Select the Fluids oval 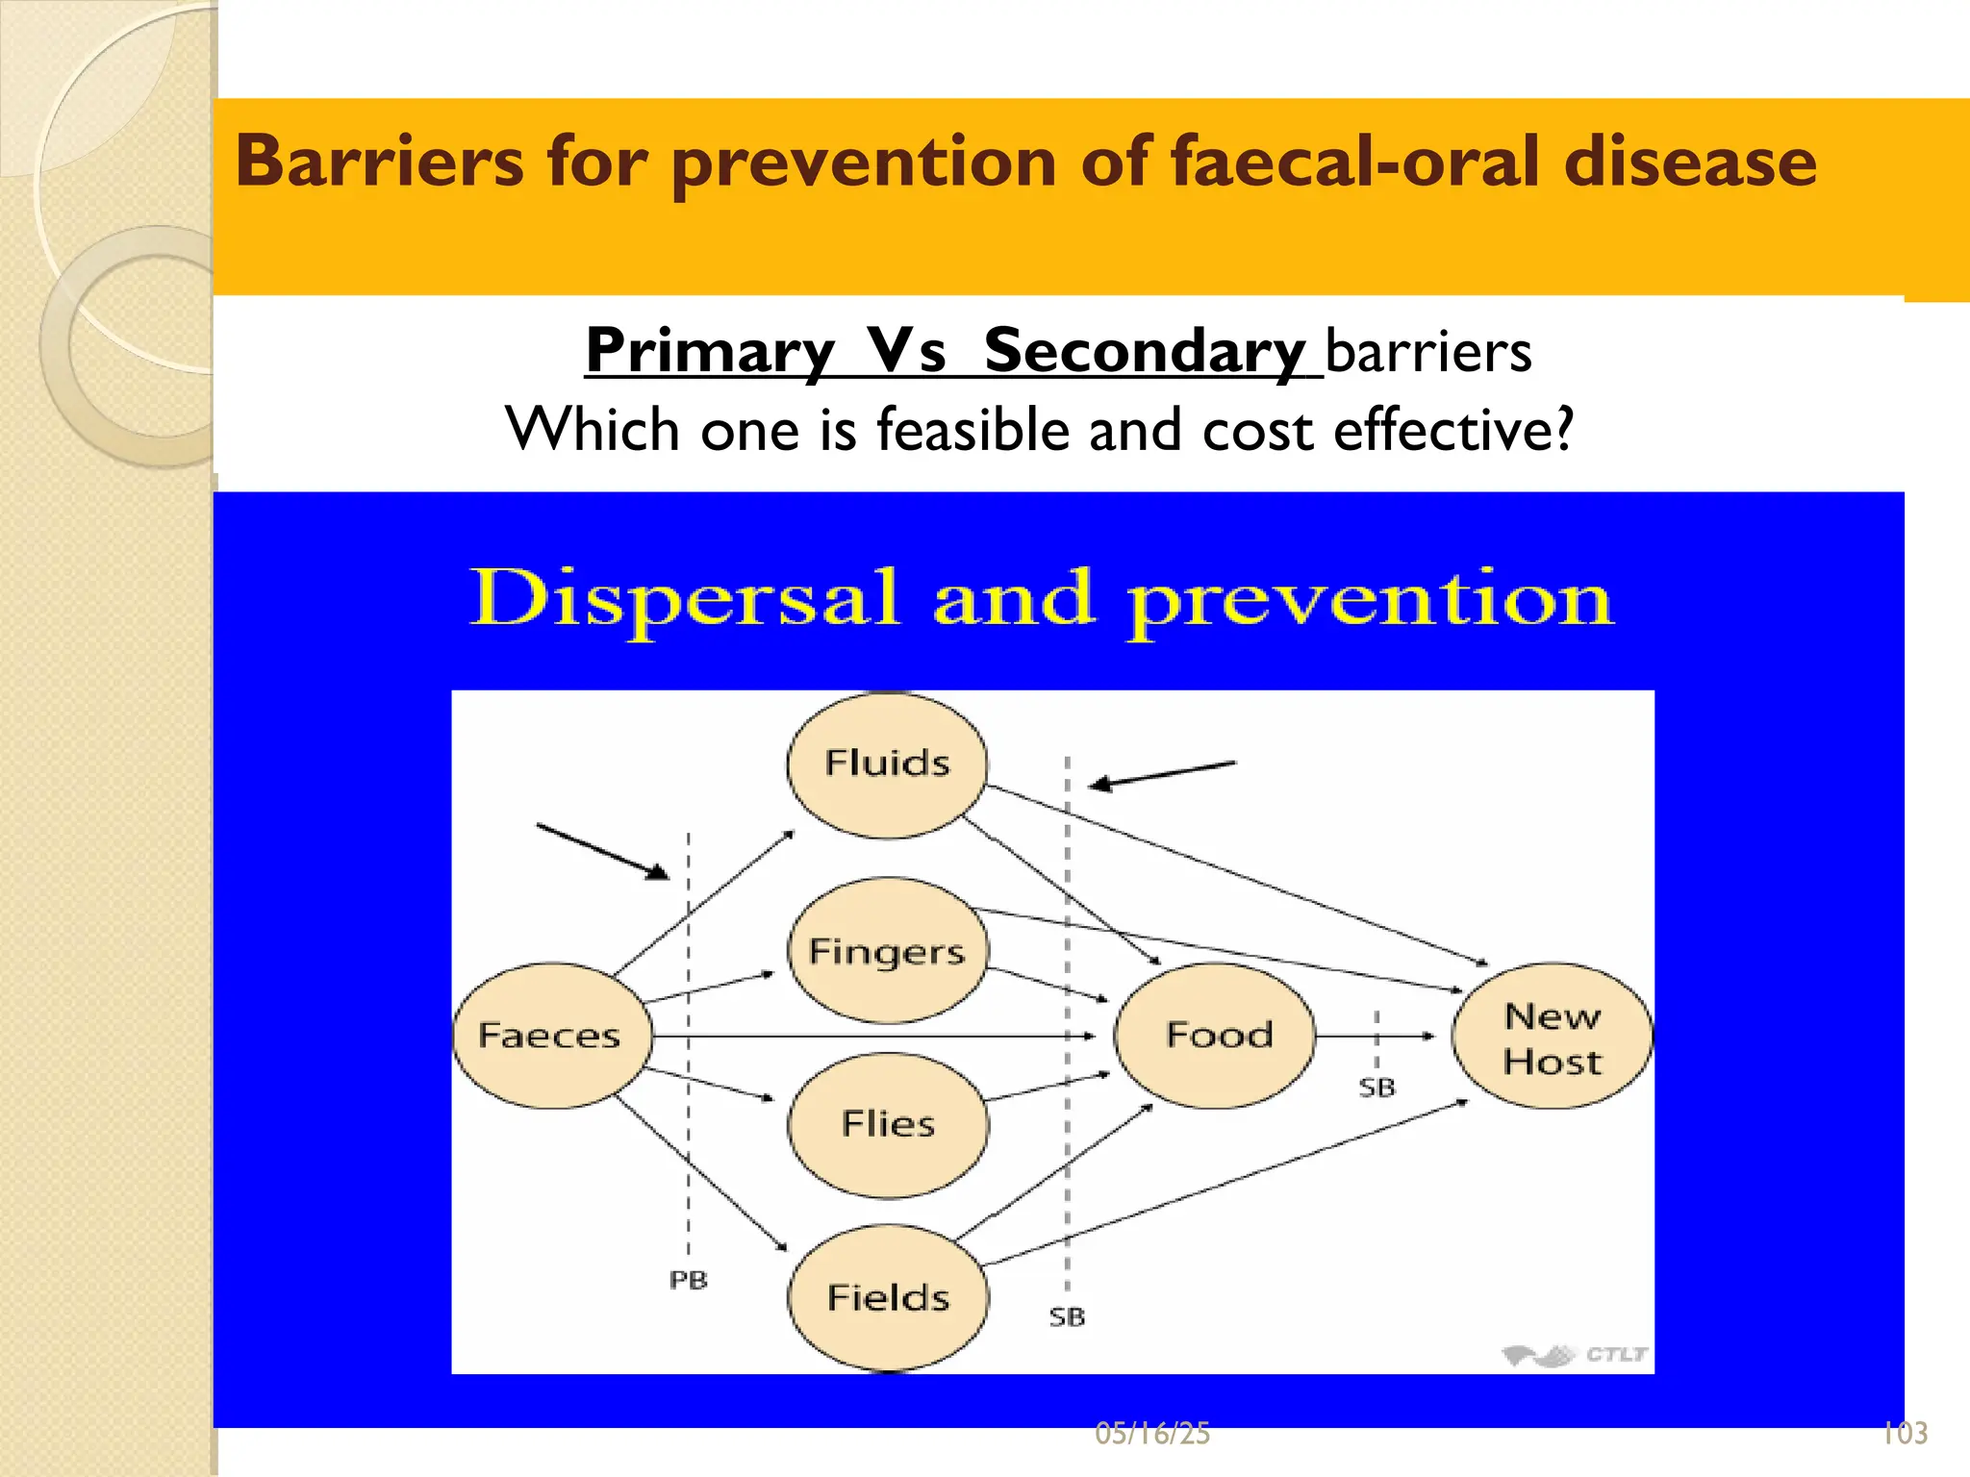pyautogui.click(x=887, y=764)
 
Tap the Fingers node pyautogui.click(x=887, y=951)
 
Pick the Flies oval pyautogui.click(x=887, y=1124)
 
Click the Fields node pyautogui.click(x=887, y=1298)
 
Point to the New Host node pyautogui.click(x=1552, y=1039)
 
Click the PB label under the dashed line pyautogui.click(x=688, y=1281)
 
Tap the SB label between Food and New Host pyautogui.click(x=1376, y=1089)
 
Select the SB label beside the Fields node pyautogui.click(x=1067, y=1317)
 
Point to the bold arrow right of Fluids pyautogui.click(x=1162, y=774)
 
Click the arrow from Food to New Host pyautogui.click(x=1376, y=1036)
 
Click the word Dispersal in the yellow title pyautogui.click(x=684, y=599)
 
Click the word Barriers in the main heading pyautogui.click(x=379, y=161)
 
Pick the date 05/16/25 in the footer pyautogui.click(x=1152, y=1434)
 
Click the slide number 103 pyautogui.click(x=1905, y=1434)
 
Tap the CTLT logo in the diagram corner pyautogui.click(x=1575, y=1355)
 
